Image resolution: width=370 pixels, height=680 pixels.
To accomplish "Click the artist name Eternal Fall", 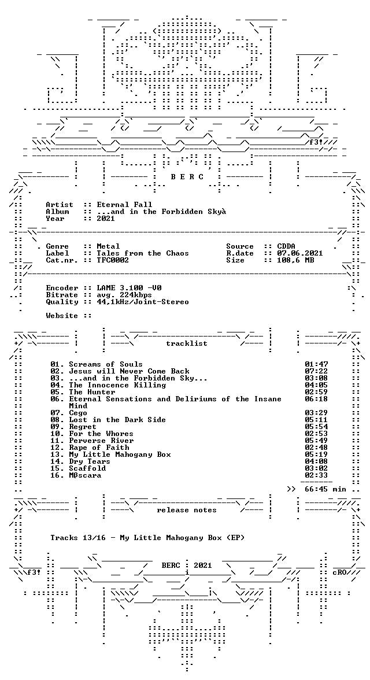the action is tap(124, 205).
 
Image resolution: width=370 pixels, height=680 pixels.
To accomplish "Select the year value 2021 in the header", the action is tap(106, 219).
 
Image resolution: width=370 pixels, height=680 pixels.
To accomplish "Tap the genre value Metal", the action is tap(108, 246).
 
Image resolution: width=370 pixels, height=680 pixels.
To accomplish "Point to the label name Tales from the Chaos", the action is tap(143, 253).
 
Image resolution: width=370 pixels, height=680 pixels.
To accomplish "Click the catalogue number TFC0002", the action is tap(113, 260).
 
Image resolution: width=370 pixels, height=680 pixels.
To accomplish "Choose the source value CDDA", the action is tap(286, 246).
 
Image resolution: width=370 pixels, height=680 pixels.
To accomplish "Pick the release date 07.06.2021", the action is tap(300, 253).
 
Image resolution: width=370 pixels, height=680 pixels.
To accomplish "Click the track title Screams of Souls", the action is tap(106, 364).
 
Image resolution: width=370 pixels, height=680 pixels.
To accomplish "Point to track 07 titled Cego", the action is tap(78, 413).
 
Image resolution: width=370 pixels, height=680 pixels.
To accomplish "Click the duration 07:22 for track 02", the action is tap(316, 371).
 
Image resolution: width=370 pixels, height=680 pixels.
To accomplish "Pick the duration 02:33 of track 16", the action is tap(316, 475).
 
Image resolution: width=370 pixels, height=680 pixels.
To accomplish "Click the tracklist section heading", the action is tap(187, 343).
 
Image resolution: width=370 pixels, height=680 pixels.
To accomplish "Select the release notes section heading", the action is tap(187, 510).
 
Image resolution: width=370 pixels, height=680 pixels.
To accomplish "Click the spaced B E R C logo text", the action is tap(187, 177).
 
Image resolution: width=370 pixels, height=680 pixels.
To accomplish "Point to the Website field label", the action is tap(62, 316).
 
